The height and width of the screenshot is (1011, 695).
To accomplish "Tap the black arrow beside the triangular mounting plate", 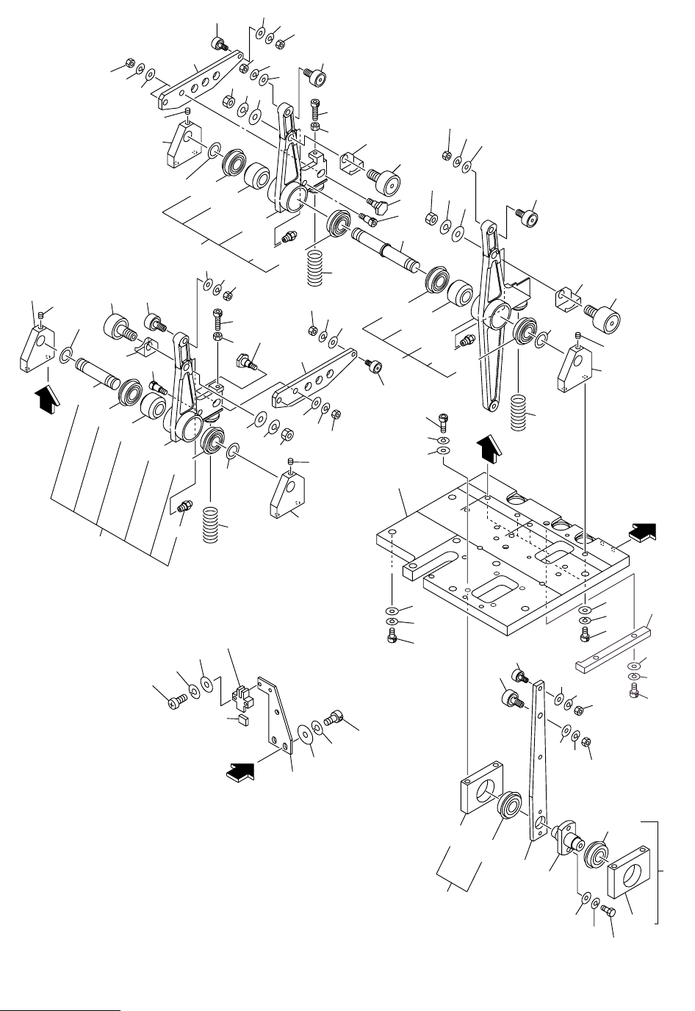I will pyautogui.click(x=242, y=771).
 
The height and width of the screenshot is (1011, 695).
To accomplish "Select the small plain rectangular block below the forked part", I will pyautogui.click(x=235, y=719).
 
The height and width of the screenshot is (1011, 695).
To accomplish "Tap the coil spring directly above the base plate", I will pyautogui.click(x=519, y=408).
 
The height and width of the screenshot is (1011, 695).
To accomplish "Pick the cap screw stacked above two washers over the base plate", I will pyautogui.click(x=442, y=421).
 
